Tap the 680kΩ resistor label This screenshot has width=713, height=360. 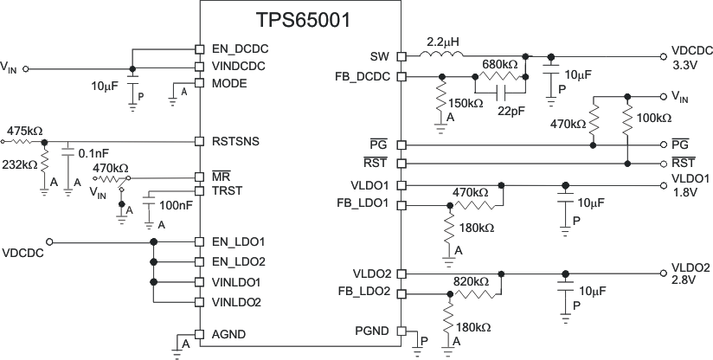point(499,66)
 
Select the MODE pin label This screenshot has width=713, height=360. point(229,84)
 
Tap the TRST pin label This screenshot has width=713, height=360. point(228,190)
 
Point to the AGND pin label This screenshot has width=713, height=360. point(228,333)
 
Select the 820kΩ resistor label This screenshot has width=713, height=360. point(471,282)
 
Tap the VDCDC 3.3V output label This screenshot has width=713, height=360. point(691,57)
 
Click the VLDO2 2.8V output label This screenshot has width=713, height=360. point(690,274)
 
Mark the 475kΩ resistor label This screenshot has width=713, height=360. point(25,130)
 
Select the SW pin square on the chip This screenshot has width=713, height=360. point(401,56)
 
